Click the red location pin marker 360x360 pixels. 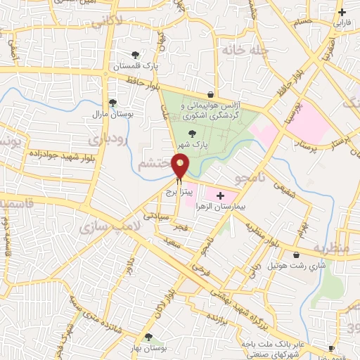[x=181, y=166]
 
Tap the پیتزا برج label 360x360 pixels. [x=179, y=191]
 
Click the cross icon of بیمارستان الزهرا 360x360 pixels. [x=221, y=195]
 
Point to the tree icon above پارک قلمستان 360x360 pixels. [x=135, y=55]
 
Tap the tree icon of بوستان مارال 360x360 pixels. [x=112, y=102]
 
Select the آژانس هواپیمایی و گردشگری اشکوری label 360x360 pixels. [x=211, y=110]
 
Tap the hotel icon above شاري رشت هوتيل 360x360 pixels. [x=296, y=255]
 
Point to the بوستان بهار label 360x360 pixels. [x=148, y=348]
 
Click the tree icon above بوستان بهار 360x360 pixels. [x=148, y=337]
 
